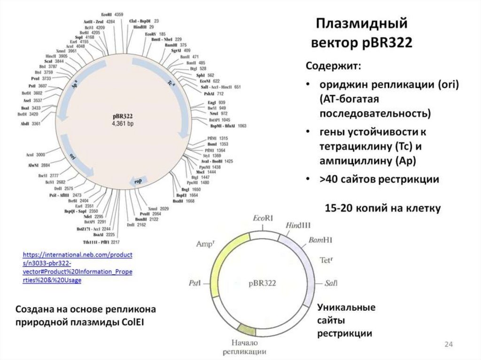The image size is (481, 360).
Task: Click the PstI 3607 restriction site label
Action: tap(36, 86)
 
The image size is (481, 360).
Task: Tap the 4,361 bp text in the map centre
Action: tap(123, 123)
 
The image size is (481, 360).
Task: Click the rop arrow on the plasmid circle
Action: tap(140, 181)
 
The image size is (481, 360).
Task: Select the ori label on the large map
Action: tap(73, 155)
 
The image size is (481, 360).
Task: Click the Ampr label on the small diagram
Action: tap(205, 243)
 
